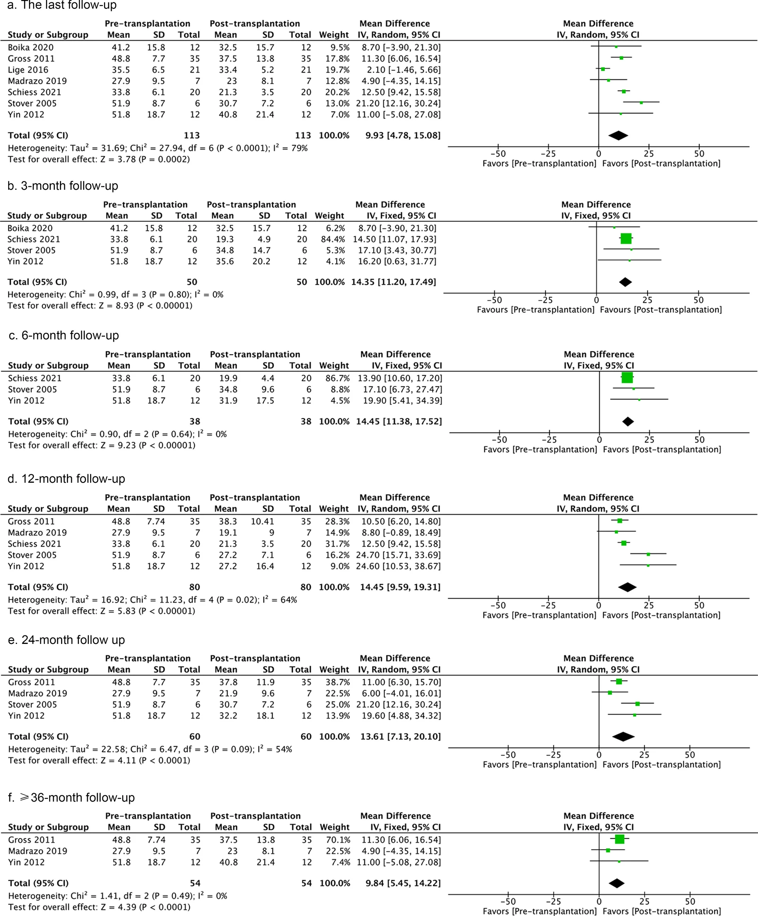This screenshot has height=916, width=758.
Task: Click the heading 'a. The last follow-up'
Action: [x=62, y=5]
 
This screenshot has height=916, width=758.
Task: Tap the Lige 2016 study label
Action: [x=28, y=70]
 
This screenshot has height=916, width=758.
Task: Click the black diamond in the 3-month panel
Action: [x=625, y=282]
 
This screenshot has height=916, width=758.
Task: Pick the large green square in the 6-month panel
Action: [x=627, y=377]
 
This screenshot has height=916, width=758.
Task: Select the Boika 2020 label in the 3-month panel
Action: [x=30, y=228]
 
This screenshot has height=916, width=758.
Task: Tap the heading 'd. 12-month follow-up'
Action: [x=67, y=478]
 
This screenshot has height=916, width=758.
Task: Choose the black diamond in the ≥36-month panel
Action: [x=616, y=883]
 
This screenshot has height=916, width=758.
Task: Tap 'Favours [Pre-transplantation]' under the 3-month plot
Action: [x=536, y=310]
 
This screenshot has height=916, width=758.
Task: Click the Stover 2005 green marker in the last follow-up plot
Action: [x=641, y=102]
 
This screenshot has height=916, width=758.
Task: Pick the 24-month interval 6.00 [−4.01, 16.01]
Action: [x=401, y=693]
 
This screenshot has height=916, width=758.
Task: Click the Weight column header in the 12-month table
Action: [x=334, y=509]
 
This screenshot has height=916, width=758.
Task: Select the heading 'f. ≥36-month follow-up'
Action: [x=72, y=797]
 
